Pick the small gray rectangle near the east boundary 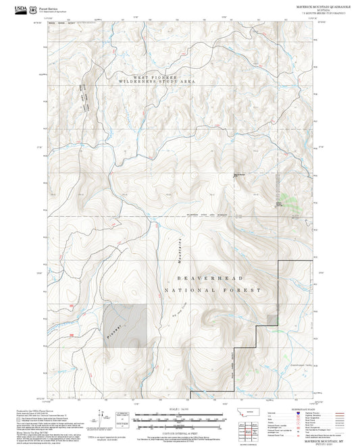272,319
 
